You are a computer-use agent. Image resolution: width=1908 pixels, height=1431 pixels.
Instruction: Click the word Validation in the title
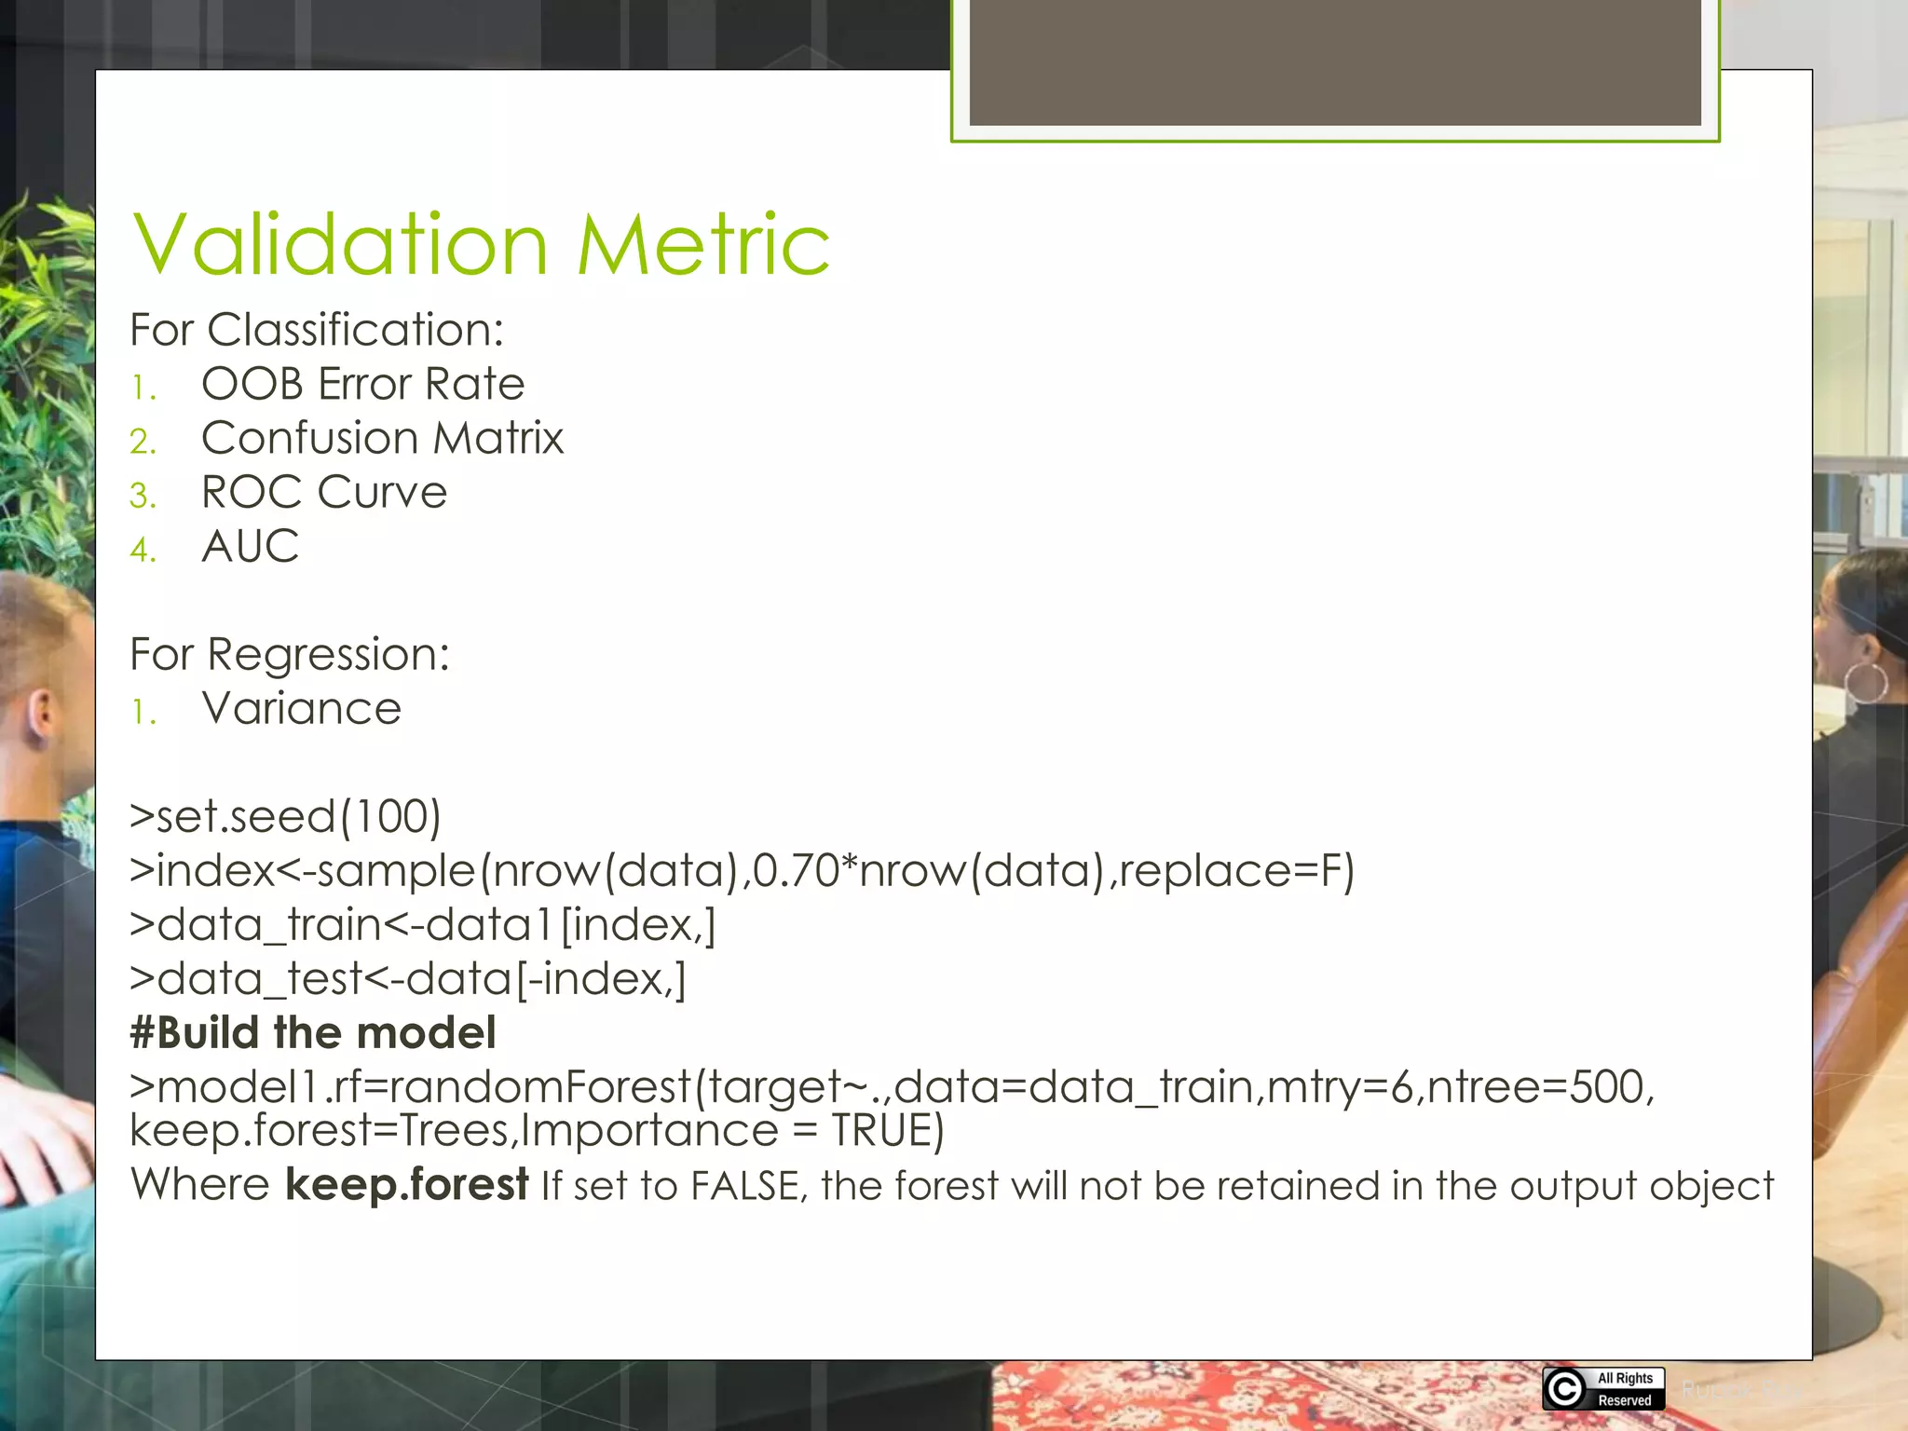340,244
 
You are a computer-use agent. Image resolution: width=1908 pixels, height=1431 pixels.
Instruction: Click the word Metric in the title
703,244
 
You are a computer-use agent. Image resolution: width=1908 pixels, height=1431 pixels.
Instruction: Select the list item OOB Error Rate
362,384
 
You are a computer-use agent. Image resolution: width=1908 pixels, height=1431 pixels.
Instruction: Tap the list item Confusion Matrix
382,438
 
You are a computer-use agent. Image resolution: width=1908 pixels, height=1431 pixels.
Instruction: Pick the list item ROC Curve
323,492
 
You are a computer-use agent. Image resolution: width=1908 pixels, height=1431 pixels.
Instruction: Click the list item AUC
250,546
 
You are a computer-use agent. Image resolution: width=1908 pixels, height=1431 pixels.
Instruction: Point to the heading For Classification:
317,330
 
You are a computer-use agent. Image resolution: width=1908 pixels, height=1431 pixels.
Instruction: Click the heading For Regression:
290,654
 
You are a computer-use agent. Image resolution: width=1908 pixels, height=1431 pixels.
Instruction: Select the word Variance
301,709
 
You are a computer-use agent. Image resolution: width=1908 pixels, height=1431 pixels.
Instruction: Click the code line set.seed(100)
285,817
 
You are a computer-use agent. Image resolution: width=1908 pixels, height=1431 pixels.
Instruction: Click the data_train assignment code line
423,925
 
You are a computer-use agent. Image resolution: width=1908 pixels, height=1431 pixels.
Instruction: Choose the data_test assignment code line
408,979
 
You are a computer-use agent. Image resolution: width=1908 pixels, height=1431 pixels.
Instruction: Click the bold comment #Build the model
313,1033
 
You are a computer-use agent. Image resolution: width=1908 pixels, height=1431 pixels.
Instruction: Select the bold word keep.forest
406,1185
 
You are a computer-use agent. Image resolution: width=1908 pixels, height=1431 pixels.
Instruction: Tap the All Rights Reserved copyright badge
1602,1388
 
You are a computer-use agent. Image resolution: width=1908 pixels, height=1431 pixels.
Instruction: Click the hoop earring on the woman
1866,683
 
